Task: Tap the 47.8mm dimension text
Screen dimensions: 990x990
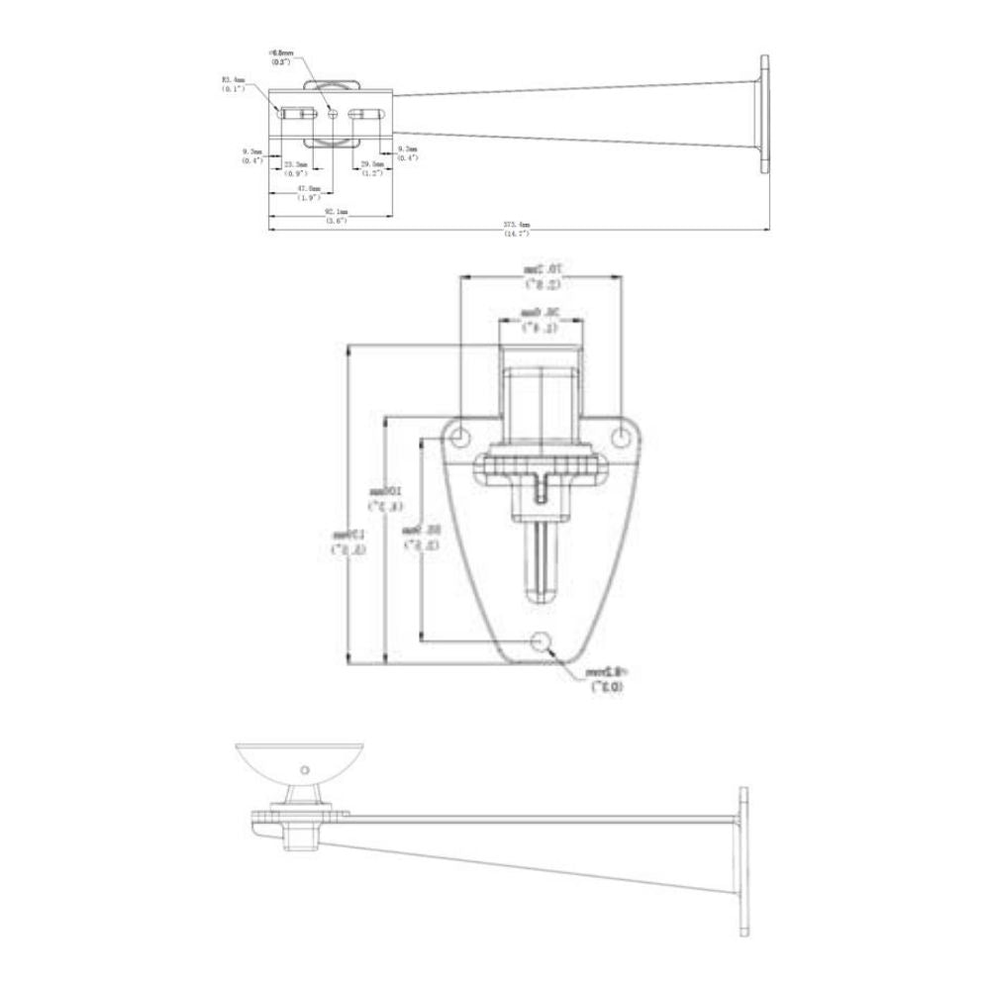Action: pyautogui.click(x=309, y=188)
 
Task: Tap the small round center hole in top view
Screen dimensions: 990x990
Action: pyautogui.click(x=333, y=114)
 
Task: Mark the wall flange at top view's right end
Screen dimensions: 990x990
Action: pyautogui.click(x=765, y=114)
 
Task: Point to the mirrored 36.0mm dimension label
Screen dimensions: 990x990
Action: pyautogui.click(x=542, y=319)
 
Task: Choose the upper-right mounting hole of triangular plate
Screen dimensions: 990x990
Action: pyautogui.click(x=622, y=436)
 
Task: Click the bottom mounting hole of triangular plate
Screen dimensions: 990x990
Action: pyautogui.click(x=541, y=642)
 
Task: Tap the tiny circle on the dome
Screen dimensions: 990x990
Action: pyautogui.click(x=305, y=769)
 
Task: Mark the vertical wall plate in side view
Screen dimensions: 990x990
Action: pyautogui.click(x=741, y=861)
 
